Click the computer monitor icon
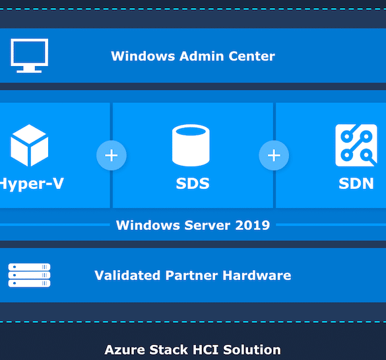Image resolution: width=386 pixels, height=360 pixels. coord(29,55)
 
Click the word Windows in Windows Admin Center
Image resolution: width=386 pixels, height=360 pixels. coord(143,56)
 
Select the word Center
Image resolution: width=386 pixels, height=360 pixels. coord(251,56)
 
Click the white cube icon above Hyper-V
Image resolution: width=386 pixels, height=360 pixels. coord(29,145)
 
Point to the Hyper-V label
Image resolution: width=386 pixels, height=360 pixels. coord(32,184)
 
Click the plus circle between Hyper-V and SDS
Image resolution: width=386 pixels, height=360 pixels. coord(112,155)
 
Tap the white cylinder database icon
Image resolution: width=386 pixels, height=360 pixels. coord(191,145)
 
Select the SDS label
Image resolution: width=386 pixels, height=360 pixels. coord(193,184)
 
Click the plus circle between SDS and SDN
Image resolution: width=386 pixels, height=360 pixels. coord(274,155)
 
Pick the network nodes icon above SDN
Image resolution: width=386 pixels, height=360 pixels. coord(356,145)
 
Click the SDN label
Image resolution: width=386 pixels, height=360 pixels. coord(356,184)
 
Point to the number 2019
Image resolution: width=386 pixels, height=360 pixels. coord(253,225)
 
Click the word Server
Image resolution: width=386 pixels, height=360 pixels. coord(208,225)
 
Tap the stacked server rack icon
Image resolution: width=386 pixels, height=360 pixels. coord(29,275)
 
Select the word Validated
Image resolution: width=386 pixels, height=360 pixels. coord(127,275)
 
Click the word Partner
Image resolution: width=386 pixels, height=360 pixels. coord(191,275)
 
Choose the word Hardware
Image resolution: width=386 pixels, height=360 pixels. coord(257,275)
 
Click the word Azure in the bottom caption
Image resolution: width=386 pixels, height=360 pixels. coord(125,350)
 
